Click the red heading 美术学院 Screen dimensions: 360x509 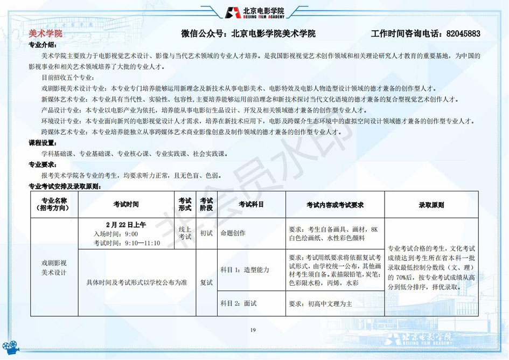click(x=45, y=33)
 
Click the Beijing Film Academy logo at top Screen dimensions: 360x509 click(x=254, y=12)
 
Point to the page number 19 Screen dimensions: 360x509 click(x=253, y=330)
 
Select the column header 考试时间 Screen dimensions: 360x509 click(x=126, y=205)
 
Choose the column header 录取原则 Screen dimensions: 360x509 click(x=431, y=205)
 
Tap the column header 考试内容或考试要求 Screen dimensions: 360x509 click(x=335, y=205)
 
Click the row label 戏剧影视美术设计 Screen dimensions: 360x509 click(x=54, y=267)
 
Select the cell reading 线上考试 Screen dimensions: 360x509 click(x=185, y=233)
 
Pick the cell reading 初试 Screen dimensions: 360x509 click(x=206, y=233)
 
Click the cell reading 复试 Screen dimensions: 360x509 click(x=206, y=282)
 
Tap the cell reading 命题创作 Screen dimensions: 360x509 click(x=233, y=233)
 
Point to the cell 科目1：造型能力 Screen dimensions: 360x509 click(x=245, y=269)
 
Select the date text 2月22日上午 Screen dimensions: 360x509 click(x=126, y=225)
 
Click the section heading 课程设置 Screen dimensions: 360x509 click(x=42, y=143)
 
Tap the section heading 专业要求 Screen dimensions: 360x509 click(x=42, y=164)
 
